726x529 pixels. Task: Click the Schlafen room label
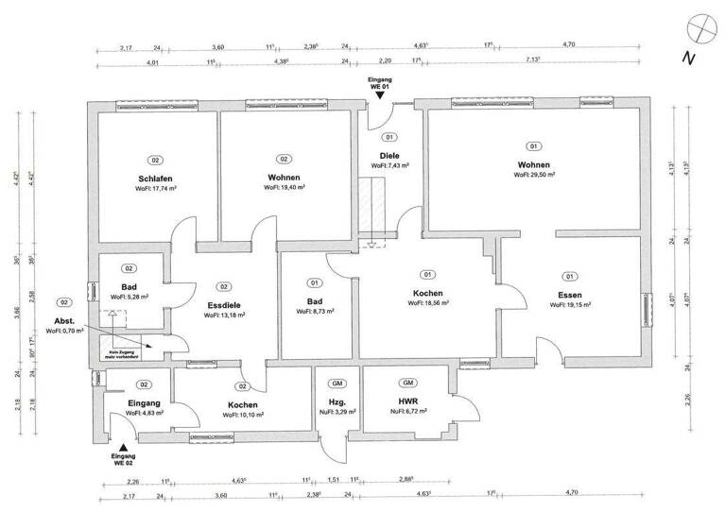click(x=155, y=179)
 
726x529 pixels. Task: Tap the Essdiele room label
click(x=224, y=305)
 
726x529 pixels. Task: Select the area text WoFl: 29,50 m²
click(x=534, y=175)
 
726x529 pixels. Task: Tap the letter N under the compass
click(x=688, y=59)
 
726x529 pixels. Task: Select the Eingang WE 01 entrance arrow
click(x=378, y=97)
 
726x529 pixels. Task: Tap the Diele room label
click(x=389, y=155)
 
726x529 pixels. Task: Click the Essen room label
click(x=569, y=294)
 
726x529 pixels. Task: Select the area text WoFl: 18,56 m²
click(x=428, y=303)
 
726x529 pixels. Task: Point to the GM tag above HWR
click(x=408, y=383)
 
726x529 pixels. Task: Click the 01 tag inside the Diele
click(x=389, y=138)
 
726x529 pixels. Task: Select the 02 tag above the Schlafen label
click(x=155, y=160)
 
